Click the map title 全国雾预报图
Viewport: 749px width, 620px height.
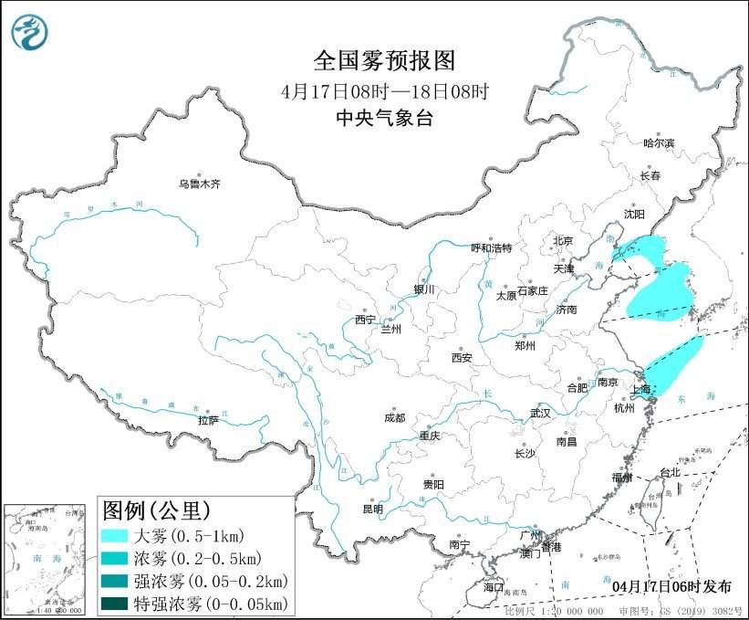pyautogui.click(x=383, y=61)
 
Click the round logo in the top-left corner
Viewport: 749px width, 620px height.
pyautogui.click(x=30, y=32)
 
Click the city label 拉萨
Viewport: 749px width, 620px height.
pyautogui.click(x=208, y=420)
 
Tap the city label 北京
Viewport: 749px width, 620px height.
pyautogui.click(x=562, y=241)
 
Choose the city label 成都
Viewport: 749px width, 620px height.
pyautogui.click(x=395, y=419)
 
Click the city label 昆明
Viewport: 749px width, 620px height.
pyautogui.click(x=373, y=508)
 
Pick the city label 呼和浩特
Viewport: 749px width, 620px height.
pyautogui.click(x=492, y=247)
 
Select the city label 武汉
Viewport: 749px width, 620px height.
pyautogui.click(x=540, y=413)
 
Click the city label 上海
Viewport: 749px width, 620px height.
pyautogui.click(x=641, y=390)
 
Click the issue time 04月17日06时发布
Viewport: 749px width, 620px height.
pyautogui.click(x=673, y=584)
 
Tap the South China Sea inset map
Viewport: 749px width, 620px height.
pyautogui.click(x=47, y=557)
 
